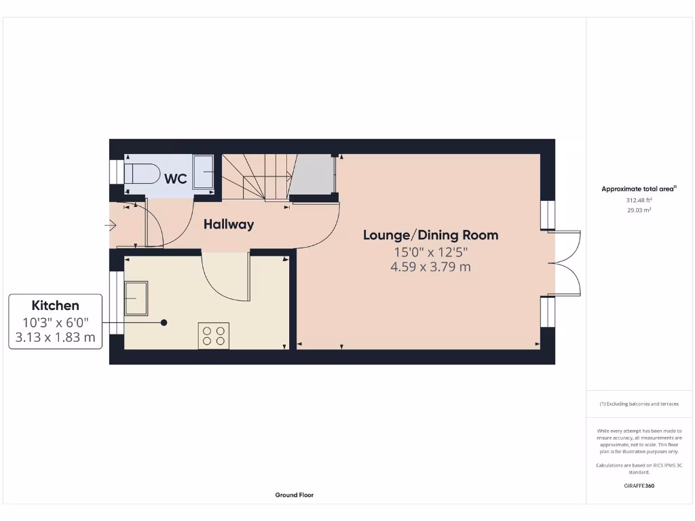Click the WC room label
176,179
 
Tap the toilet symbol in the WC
141,174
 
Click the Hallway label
229,224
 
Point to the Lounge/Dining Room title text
430,235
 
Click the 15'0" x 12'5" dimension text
430,252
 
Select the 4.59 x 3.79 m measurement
430,267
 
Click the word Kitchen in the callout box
56,306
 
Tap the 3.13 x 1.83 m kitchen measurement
56,336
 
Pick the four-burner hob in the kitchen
213,336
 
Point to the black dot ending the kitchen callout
164,323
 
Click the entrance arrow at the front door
111,225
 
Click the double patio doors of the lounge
567,263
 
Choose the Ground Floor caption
295,495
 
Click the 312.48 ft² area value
639,200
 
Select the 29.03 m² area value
639,210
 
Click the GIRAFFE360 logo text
639,486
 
